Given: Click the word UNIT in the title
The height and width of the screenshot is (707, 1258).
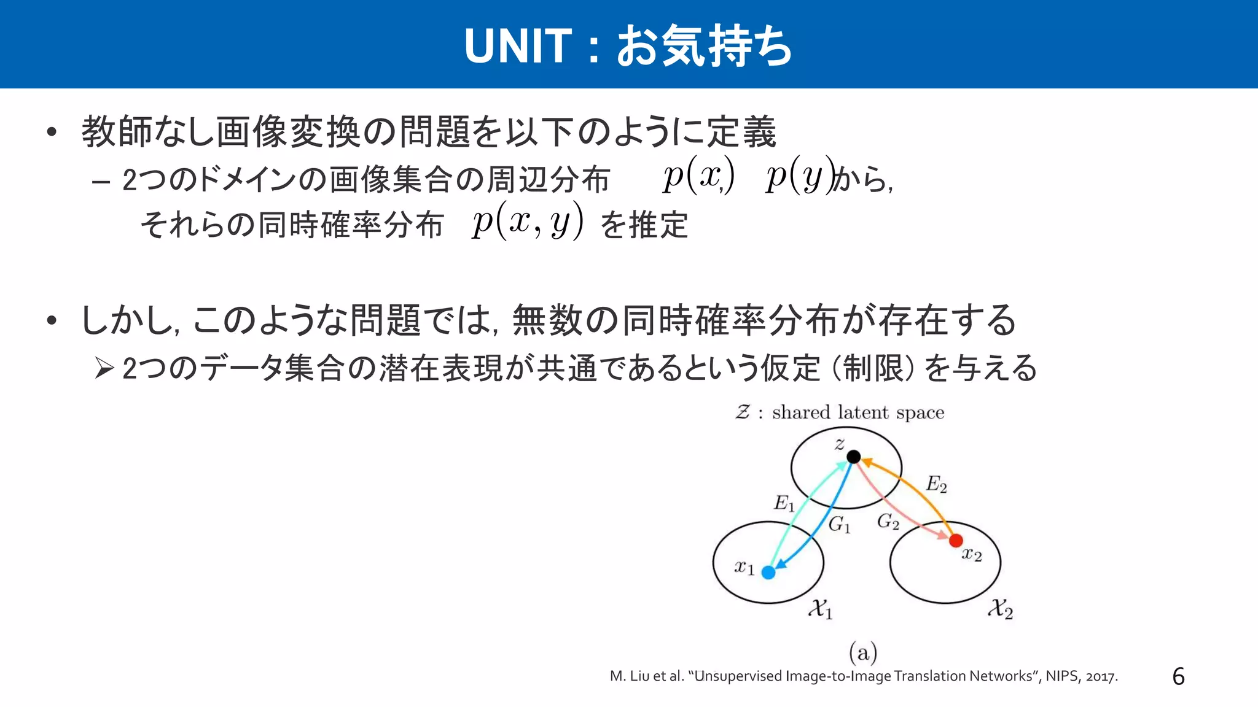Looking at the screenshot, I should [x=518, y=46].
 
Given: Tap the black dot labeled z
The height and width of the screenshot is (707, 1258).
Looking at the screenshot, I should [x=853, y=457].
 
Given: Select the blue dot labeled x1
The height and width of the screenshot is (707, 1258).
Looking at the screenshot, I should [x=768, y=572].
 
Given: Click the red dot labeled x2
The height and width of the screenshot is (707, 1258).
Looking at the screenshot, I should [x=956, y=541].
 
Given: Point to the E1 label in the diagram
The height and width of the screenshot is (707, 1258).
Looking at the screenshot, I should [x=784, y=504].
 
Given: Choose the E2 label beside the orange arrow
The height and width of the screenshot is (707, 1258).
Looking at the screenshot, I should [x=936, y=484].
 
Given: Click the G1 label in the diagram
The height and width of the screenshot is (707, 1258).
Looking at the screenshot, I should [x=839, y=525].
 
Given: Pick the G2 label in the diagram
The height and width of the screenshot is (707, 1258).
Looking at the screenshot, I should [x=888, y=522].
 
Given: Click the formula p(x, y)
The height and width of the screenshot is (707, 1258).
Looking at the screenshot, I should [x=527, y=222].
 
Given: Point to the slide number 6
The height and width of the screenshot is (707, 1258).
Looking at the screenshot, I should [x=1178, y=676].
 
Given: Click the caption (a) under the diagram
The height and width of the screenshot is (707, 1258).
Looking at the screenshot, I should [x=863, y=652].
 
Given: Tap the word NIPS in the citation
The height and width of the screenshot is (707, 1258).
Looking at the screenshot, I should [x=1061, y=676].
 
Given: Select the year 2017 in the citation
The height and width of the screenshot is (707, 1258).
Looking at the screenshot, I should [x=1101, y=676].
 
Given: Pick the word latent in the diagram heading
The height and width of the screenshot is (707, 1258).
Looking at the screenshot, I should [x=863, y=412].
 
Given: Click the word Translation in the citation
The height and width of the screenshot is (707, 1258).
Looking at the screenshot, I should [x=930, y=676].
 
